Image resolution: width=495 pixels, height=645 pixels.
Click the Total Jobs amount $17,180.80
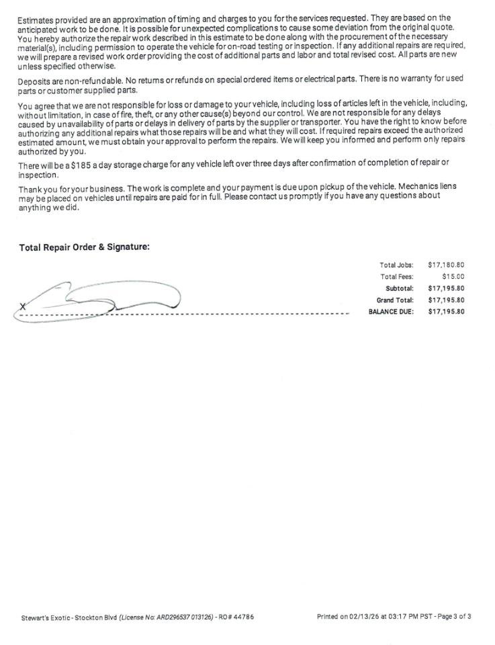[446, 265]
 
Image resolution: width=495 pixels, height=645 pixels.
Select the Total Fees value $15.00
[453, 276]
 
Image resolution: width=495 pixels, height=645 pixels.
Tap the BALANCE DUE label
[391, 312]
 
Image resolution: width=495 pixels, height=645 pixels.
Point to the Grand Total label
[395, 300]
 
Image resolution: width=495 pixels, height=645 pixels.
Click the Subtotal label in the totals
[399, 288]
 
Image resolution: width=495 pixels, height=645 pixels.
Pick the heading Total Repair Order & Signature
[84, 247]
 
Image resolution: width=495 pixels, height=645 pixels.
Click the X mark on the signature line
[23, 307]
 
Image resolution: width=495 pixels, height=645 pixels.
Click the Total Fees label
[396, 276]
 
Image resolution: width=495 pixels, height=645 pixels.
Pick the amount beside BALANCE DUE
[446, 312]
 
